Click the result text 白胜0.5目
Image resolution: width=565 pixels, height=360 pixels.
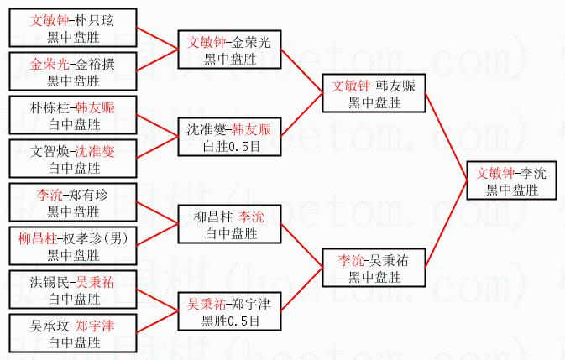pyautogui.click(x=230, y=144)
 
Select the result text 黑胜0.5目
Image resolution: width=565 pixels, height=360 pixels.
pyautogui.click(x=230, y=320)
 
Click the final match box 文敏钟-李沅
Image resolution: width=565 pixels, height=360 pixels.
pyautogui.click(x=511, y=180)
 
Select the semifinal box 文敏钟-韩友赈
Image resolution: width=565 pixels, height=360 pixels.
pyautogui.click(x=374, y=92)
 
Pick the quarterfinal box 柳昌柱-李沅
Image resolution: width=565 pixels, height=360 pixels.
pyautogui.click(x=229, y=224)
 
